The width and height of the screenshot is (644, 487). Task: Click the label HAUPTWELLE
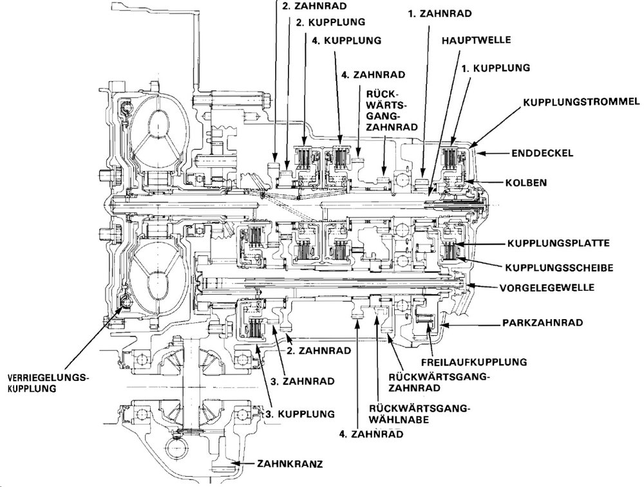click(477, 40)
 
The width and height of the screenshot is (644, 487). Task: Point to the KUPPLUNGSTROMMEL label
click(580, 102)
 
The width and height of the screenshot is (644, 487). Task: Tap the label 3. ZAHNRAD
click(302, 381)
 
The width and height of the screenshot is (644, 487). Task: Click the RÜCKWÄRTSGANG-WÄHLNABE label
click(419, 414)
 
